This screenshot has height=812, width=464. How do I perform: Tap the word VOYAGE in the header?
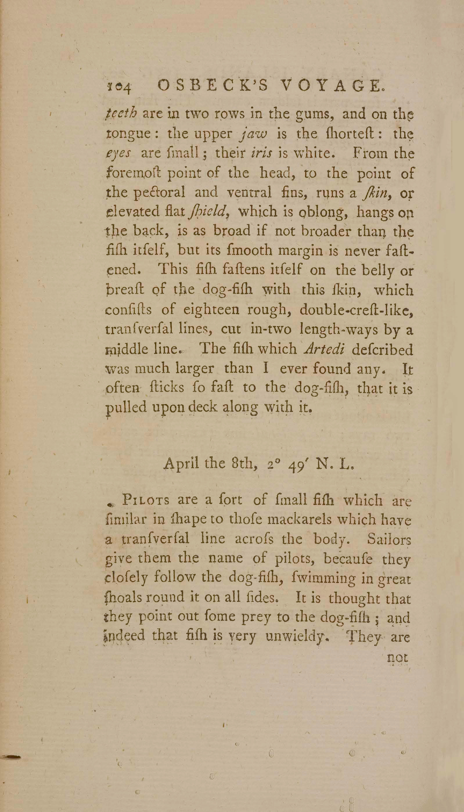331,85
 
